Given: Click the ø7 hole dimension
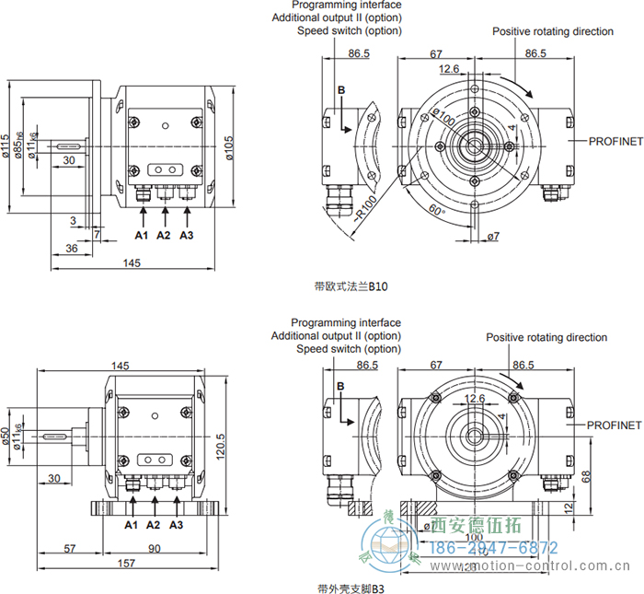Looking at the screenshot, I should [x=493, y=237].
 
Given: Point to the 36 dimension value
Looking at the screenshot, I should [x=72, y=249].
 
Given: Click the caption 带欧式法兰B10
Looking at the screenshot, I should [x=351, y=286].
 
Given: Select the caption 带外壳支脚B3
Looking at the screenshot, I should [x=351, y=587].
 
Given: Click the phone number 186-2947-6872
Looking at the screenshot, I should [x=495, y=547].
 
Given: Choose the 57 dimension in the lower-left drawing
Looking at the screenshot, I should [x=70, y=549].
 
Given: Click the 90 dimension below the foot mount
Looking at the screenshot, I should [x=155, y=549].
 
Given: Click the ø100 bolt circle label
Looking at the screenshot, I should [x=444, y=121].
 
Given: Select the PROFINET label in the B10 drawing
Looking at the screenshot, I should [x=604, y=141].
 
